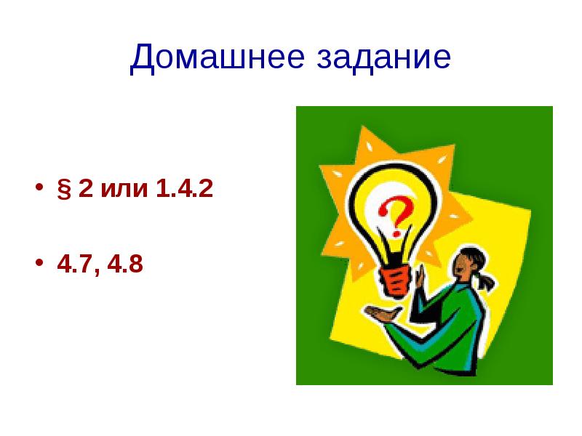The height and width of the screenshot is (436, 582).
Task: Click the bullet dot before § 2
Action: tap(37, 191)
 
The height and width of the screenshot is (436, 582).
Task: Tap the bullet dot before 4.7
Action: tap(37, 265)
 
